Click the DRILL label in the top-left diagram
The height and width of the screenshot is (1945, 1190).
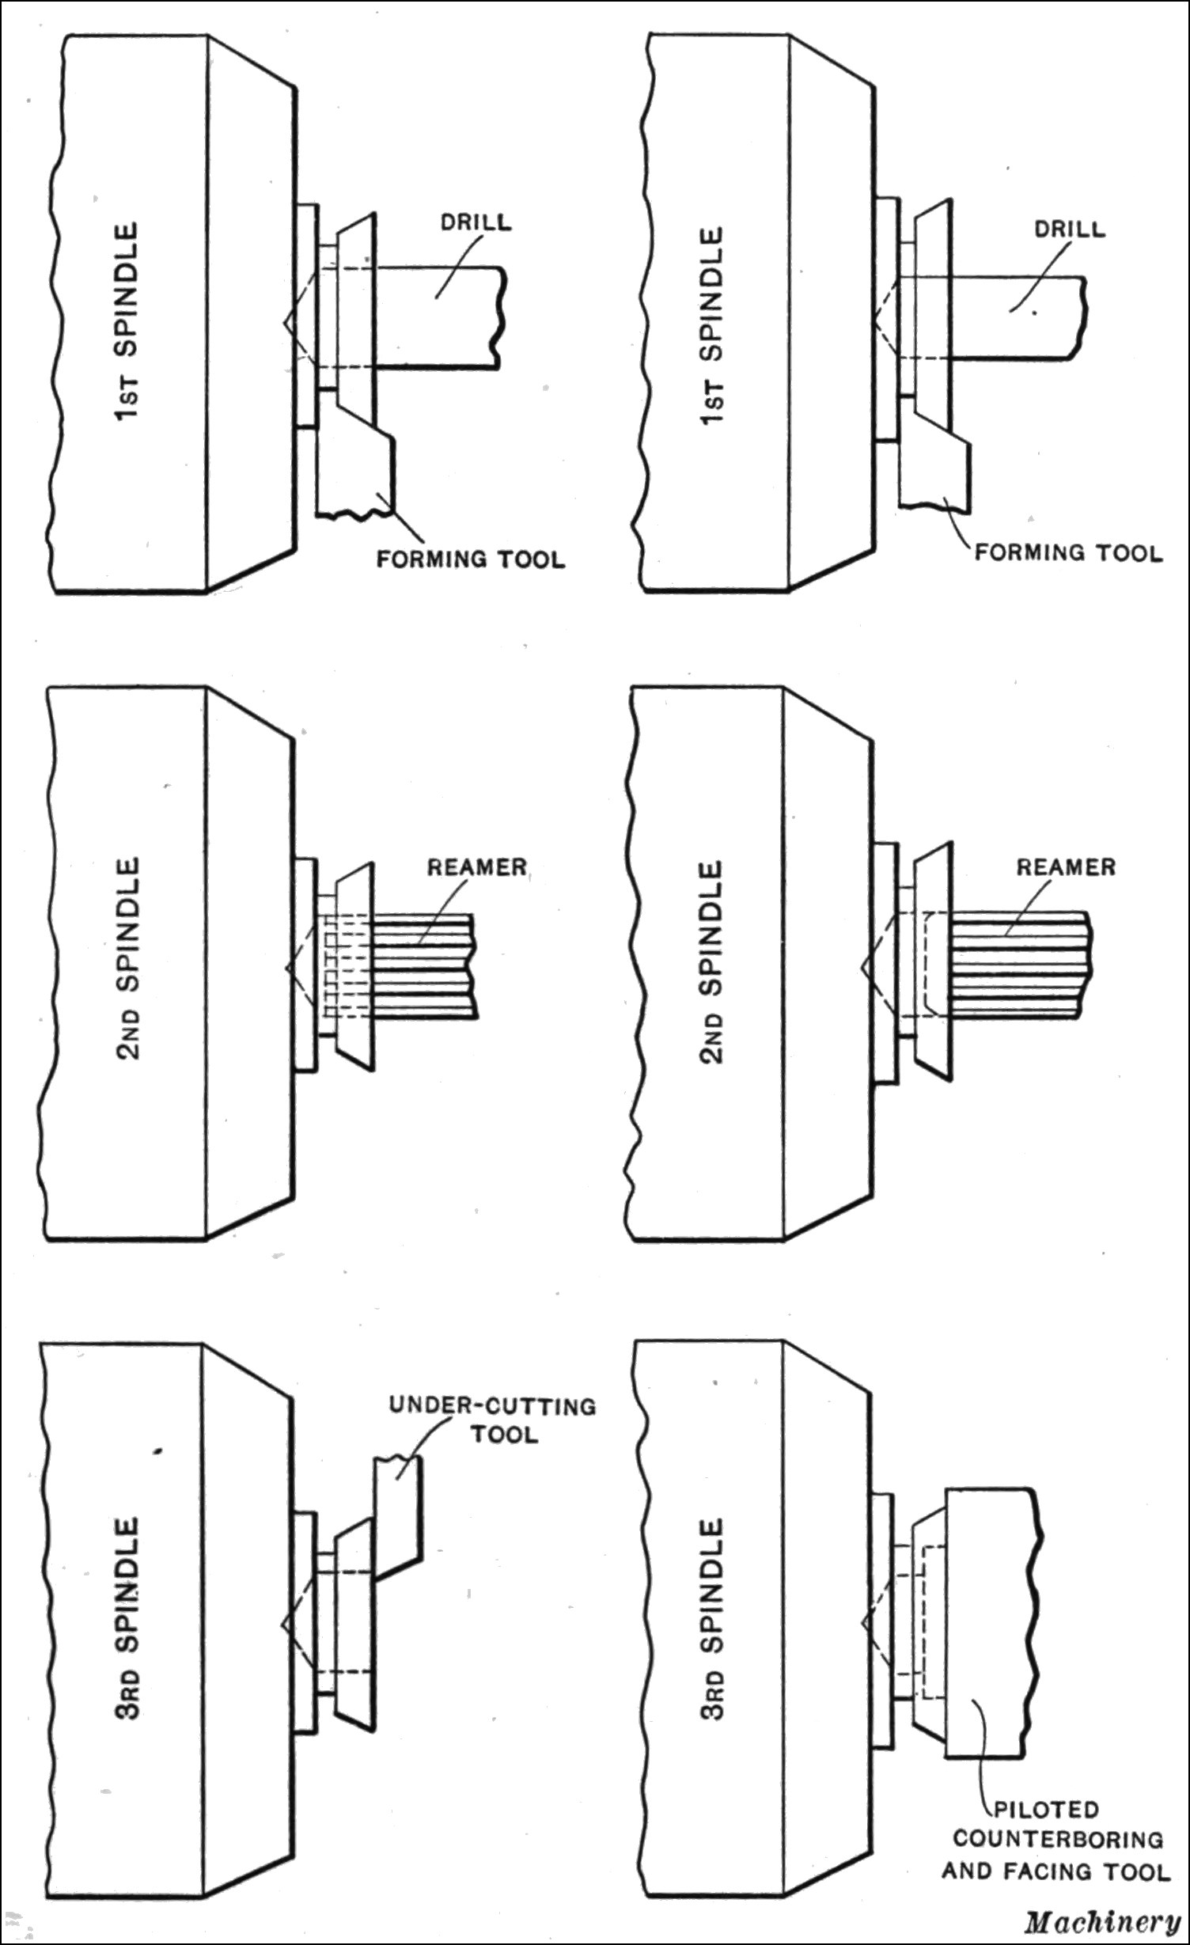click(x=476, y=222)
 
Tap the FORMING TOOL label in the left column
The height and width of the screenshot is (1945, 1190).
click(x=470, y=559)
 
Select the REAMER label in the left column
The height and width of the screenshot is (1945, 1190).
click(x=476, y=867)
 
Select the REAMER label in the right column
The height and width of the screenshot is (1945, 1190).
click(x=1065, y=867)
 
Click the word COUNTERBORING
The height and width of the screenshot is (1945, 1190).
click(x=1057, y=1838)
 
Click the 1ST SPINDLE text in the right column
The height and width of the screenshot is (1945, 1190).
click(x=712, y=327)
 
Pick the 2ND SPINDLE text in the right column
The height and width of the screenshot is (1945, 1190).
click(x=712, y=961)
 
